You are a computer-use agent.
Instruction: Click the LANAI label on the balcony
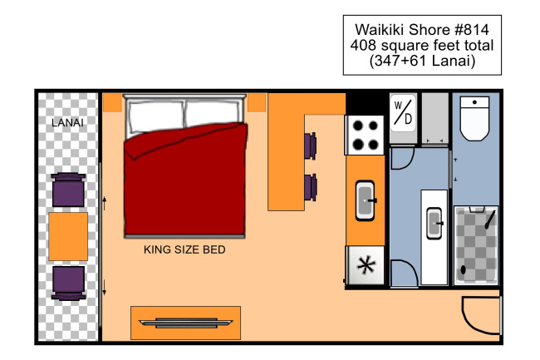67,122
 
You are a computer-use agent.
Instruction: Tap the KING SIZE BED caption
184,249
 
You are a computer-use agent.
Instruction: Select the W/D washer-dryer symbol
403,112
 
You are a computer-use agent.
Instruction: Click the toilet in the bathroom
475,119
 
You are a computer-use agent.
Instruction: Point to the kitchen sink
365,200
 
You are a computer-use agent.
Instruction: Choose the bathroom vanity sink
434,224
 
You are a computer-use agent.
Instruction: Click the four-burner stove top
365,135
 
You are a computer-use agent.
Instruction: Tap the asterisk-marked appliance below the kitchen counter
365,265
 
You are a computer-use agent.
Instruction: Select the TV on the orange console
185,323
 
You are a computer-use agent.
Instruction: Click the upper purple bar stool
311,145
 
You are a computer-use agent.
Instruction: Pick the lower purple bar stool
311,187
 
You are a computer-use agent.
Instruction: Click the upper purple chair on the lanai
68,190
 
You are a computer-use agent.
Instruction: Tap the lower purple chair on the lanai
68,284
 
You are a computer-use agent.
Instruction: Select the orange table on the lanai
68,236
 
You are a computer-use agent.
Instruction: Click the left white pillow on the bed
156,116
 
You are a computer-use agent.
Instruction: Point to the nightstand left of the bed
112,102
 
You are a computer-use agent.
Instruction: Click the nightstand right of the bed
257,102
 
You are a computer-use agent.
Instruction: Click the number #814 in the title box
472,30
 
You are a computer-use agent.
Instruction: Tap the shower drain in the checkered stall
464,269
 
